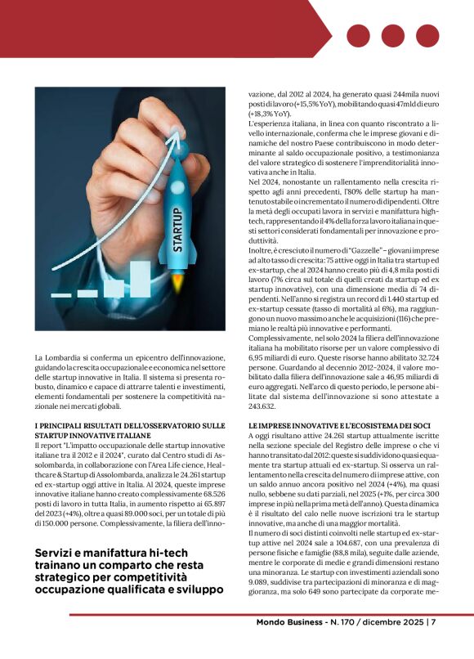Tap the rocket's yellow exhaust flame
point(178,285)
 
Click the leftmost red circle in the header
point(358,36)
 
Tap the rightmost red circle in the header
point(427,36)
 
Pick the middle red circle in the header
point(393,36)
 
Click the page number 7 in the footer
point(433,645)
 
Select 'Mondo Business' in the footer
point(280,645)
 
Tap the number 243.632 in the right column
point(265,407)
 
